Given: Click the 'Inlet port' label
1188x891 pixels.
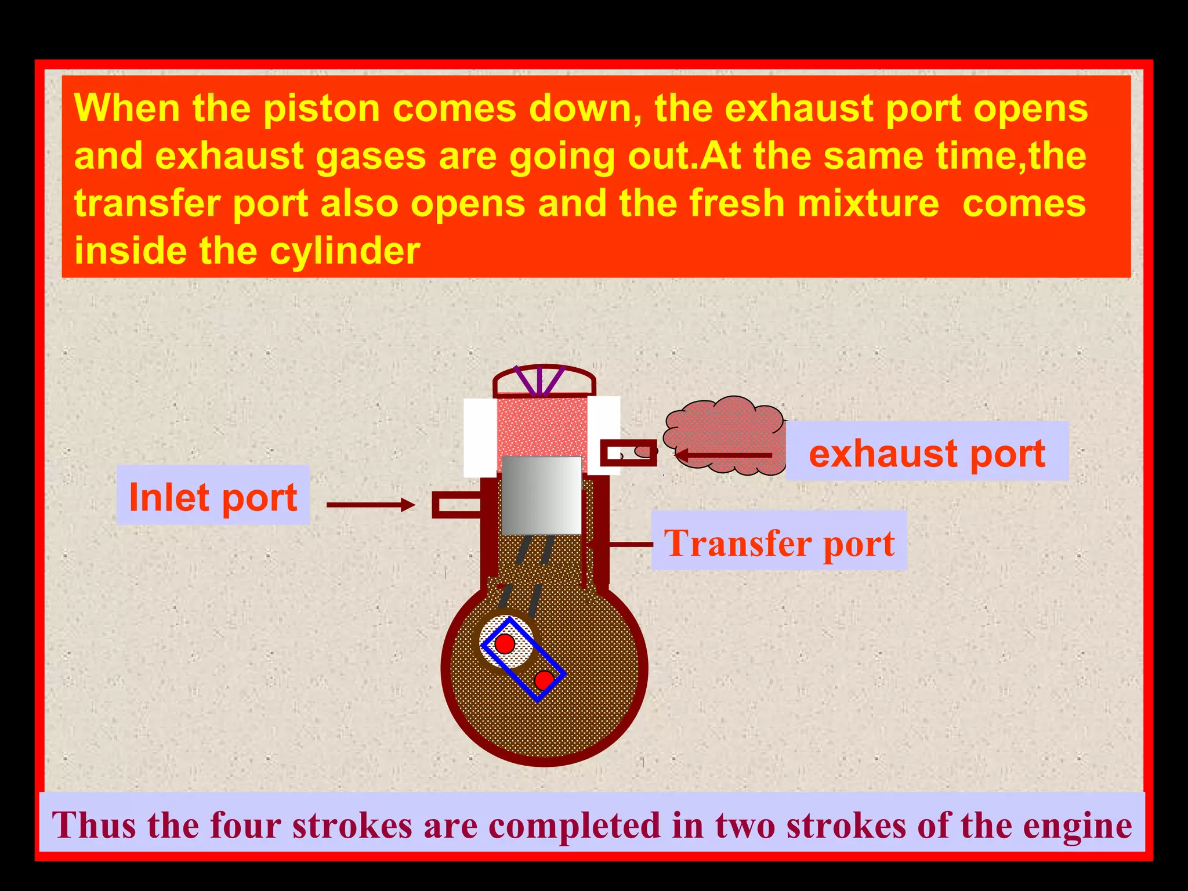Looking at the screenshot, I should tap(213, 497).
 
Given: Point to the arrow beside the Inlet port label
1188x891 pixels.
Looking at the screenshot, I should tap(371, 505).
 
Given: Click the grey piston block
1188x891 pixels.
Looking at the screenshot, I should tap(541, 495).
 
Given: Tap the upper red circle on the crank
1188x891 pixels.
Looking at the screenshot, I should tap(505, 643).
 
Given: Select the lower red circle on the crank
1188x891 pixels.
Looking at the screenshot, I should tap(544, 680).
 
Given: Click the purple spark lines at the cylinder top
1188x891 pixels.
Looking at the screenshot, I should tap(539, 381).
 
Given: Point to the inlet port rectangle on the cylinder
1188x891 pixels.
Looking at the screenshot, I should tap(457, 505).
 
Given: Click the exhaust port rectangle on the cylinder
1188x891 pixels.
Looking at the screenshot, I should tap(628, 452).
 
